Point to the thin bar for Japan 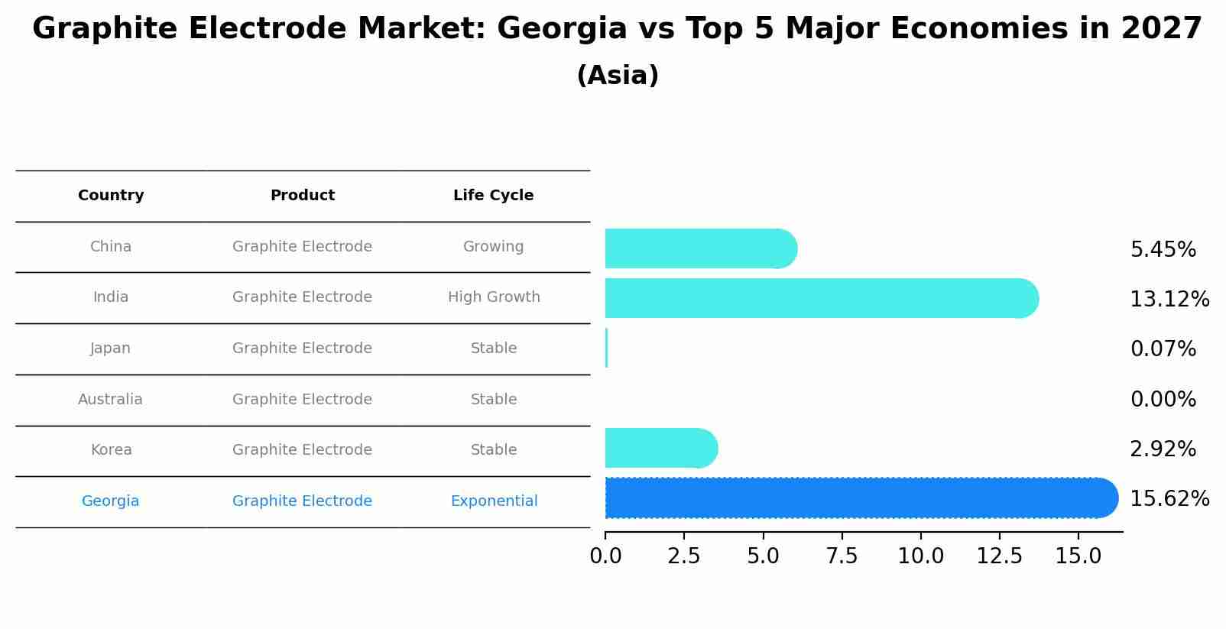tap(606, 348)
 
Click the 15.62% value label tap(1169, 499)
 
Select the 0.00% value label tap(1163, 400)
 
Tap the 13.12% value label tap(1169, 300)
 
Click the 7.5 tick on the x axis tap(842, 556)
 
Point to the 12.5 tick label tap(999, 556)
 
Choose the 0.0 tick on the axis tap(605, 556)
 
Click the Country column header tap(111, 196)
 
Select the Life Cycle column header tap(493, 196)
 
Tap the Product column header tap(302, 196)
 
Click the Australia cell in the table tap(110, 400)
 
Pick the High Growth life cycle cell tap(494, 297)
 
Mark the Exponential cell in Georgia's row tap(494, 501)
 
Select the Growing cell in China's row tap(493, 247)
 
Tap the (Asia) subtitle tap(618, 76)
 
